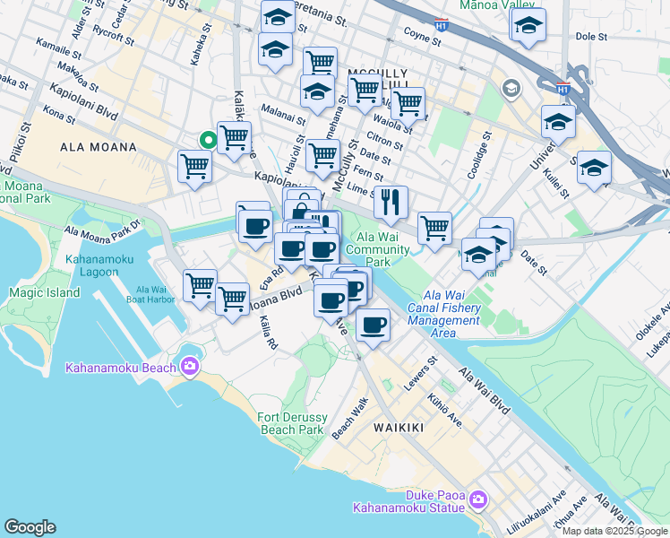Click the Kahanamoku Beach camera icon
[x=189, y=365]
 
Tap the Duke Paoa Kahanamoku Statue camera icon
[x=477, y=499]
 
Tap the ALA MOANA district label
[x=98, y=147]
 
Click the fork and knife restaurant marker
[x=391, y=203]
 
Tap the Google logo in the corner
[x=30, y=527]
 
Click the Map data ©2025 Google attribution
[x=615, y=531]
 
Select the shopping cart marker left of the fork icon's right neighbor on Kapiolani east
[x=434, y=228]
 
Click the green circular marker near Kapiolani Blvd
[x=207, y=140]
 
